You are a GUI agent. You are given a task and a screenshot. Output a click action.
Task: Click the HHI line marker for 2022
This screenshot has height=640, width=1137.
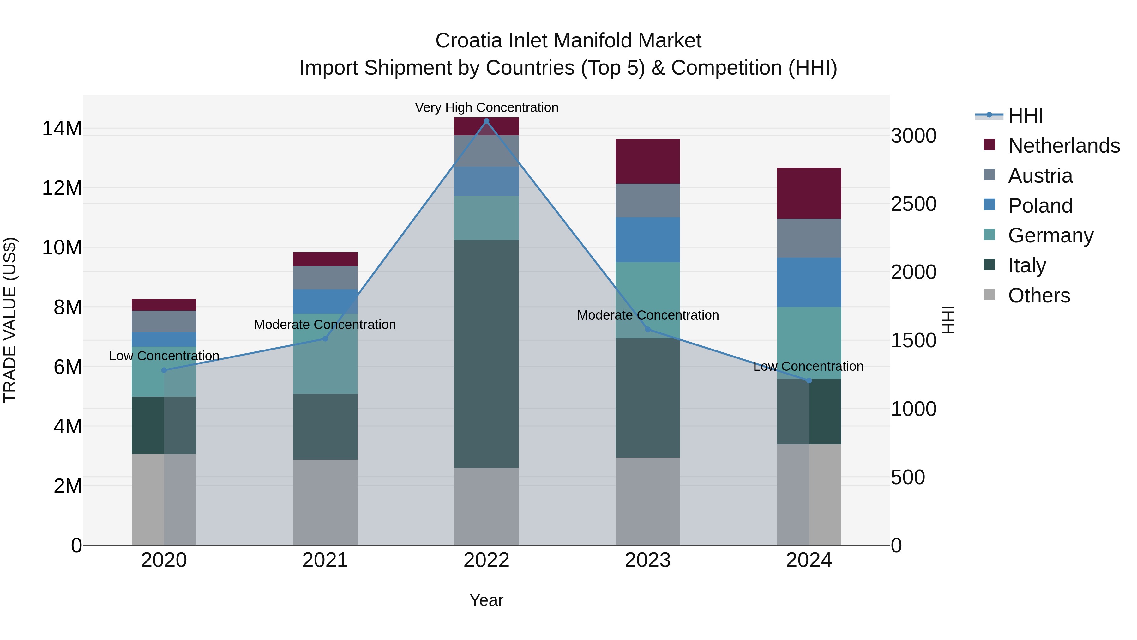[x=486, y=121]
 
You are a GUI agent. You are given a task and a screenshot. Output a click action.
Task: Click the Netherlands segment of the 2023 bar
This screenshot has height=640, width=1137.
[x=647, y=161]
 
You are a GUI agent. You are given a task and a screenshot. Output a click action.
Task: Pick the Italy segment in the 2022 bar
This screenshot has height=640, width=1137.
[x=486, y=353]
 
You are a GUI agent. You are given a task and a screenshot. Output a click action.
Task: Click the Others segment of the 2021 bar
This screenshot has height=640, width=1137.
[x=325, y=502]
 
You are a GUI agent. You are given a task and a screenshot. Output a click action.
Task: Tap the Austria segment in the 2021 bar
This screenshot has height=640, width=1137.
[x=325, y=277]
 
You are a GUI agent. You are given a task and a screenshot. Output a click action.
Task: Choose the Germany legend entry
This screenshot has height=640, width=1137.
[x=1050, y=235]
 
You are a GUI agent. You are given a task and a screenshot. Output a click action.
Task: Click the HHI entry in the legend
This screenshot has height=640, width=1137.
[x=1025, y=116]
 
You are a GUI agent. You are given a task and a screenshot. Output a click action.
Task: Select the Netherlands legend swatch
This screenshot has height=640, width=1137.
[x=989, y=145]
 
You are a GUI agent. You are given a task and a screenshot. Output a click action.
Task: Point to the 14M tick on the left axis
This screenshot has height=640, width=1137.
[x=62, y=129]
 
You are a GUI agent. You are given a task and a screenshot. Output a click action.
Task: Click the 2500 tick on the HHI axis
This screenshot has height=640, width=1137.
[x=913, y=204]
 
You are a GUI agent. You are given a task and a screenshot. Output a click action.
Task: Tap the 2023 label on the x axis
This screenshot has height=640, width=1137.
[x=647, y=560]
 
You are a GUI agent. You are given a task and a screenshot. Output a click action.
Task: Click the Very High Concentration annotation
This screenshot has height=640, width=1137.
[x=486, y=107]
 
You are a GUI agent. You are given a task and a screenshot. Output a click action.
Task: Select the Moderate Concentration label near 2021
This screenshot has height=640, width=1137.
[x=325, y=325]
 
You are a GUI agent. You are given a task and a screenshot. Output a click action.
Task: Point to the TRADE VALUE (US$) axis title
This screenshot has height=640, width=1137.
[x=10, y=320]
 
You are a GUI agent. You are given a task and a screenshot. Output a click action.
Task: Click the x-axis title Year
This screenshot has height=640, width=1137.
[x=486, y=600]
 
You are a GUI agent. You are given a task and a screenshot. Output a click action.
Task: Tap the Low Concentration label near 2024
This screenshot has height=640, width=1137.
[x=808, y=366]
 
